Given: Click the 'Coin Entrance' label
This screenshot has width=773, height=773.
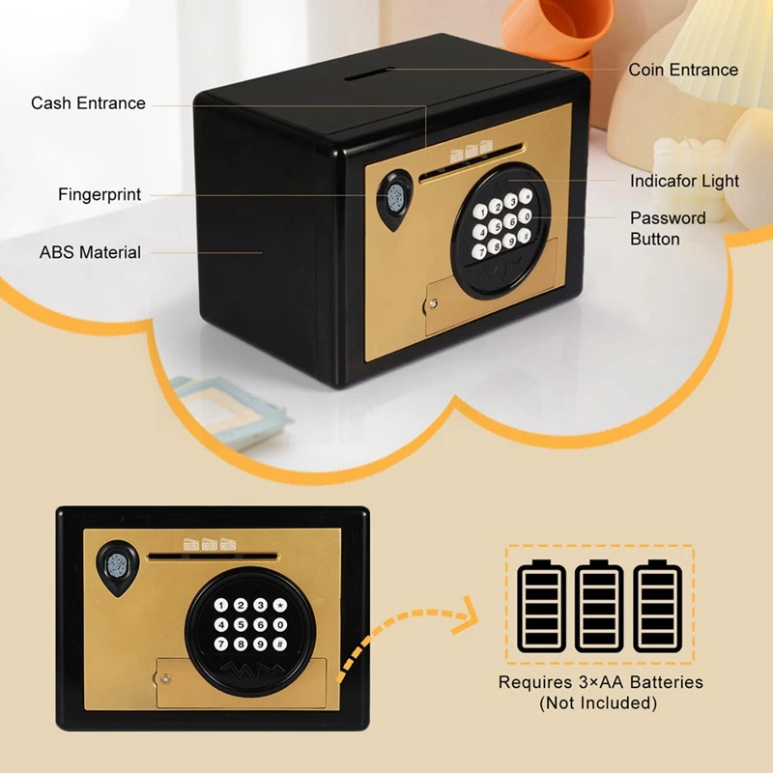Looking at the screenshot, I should (682, 70).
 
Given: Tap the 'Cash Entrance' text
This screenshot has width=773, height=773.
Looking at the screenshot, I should (88, 102).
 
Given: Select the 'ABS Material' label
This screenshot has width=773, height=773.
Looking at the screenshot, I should (90, 252).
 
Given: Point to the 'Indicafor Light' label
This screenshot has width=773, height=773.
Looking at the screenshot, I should (684, 181).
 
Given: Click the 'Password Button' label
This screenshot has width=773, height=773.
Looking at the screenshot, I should (668, 228).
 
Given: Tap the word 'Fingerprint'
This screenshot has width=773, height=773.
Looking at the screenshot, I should (100, 194).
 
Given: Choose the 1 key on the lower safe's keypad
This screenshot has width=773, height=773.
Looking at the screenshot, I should (222, 606).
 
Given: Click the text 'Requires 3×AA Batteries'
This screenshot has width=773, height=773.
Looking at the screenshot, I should (600, 683).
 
